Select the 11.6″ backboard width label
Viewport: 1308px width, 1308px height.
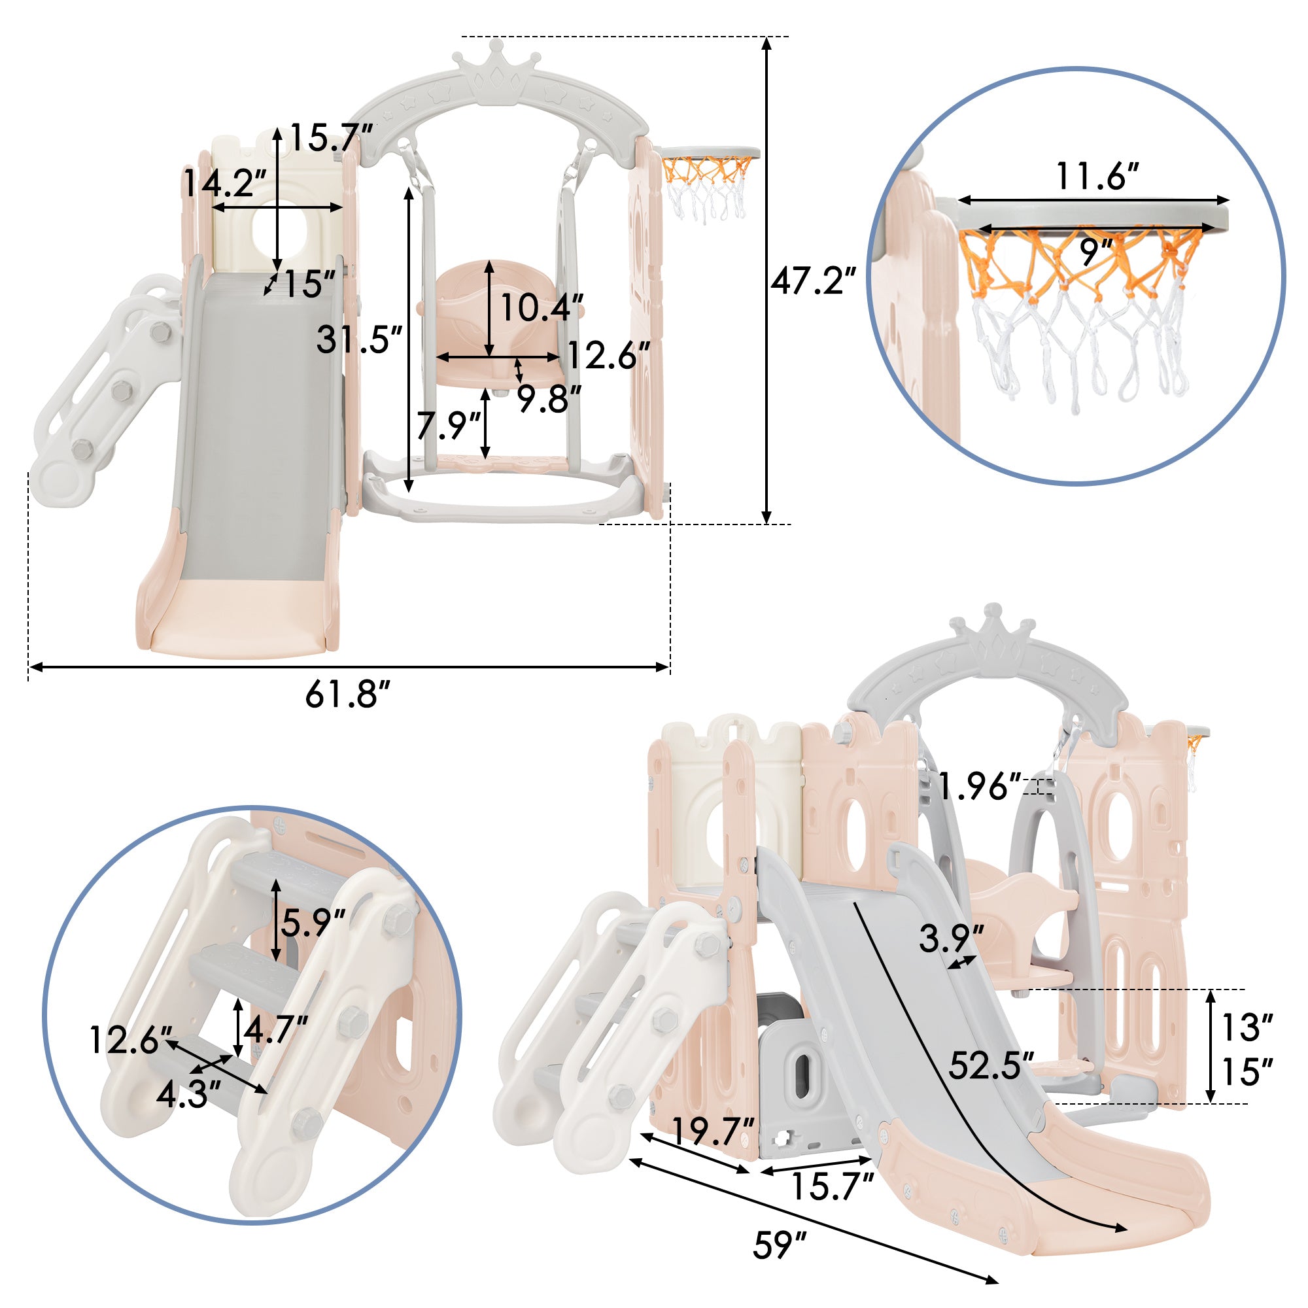pyautogui.click(x=1098, y=177)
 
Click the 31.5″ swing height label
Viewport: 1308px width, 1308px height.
pyautogui.click(x=359, y=339)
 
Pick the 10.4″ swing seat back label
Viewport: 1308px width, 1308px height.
pyautogui.click(x=542, y=308)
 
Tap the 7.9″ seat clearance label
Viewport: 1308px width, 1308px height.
pyautogui.click(x=447, y=425)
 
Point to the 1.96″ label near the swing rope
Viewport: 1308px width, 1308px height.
pyautogui.click(x=979, y=786)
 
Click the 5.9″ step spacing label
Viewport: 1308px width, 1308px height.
pyautogui.click(x=313, y=921)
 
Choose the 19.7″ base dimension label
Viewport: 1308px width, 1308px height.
pyautogui.click(x=712, y=1130)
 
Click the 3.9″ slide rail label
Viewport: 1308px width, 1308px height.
pyautogui.click(x=951, y=938)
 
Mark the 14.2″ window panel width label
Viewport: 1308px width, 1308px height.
pyautogui.click(x=226, y=183)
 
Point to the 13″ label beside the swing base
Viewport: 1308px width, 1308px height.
pyautogui.click(x=1247, y=1027)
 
